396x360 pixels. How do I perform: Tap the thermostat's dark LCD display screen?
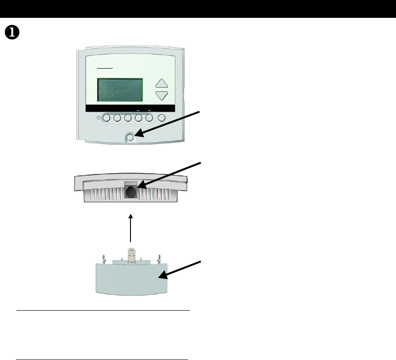coord(120,90)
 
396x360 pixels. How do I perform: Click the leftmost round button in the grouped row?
coord(106,118)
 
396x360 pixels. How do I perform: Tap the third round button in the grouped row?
coord(128,118)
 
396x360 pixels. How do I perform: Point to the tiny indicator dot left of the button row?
coord(98,118)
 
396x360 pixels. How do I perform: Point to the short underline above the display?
coord(105,68)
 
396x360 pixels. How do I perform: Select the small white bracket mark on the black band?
coord(143,111)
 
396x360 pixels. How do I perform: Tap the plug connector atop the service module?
coord(131,254)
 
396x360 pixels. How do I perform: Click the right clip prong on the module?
coord(159,258)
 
